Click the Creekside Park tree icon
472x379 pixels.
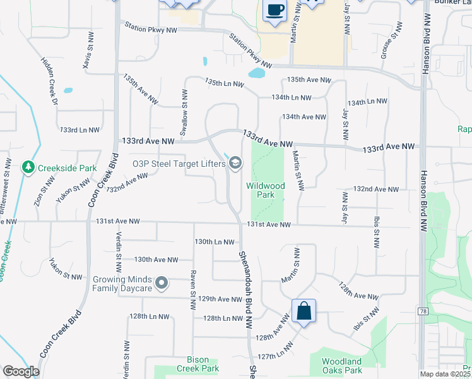[28, 167]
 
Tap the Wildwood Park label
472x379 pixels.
[266, 191]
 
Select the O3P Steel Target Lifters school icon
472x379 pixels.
[235, 164]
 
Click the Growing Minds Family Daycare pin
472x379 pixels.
[162, 283]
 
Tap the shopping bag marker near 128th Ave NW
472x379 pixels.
[304, 311]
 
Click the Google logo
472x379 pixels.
[21, 371]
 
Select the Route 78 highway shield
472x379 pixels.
[422, 311]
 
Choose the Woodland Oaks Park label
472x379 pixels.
[341, 366]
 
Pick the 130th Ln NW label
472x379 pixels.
[215, 242]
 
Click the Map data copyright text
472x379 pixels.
[445, 374]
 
